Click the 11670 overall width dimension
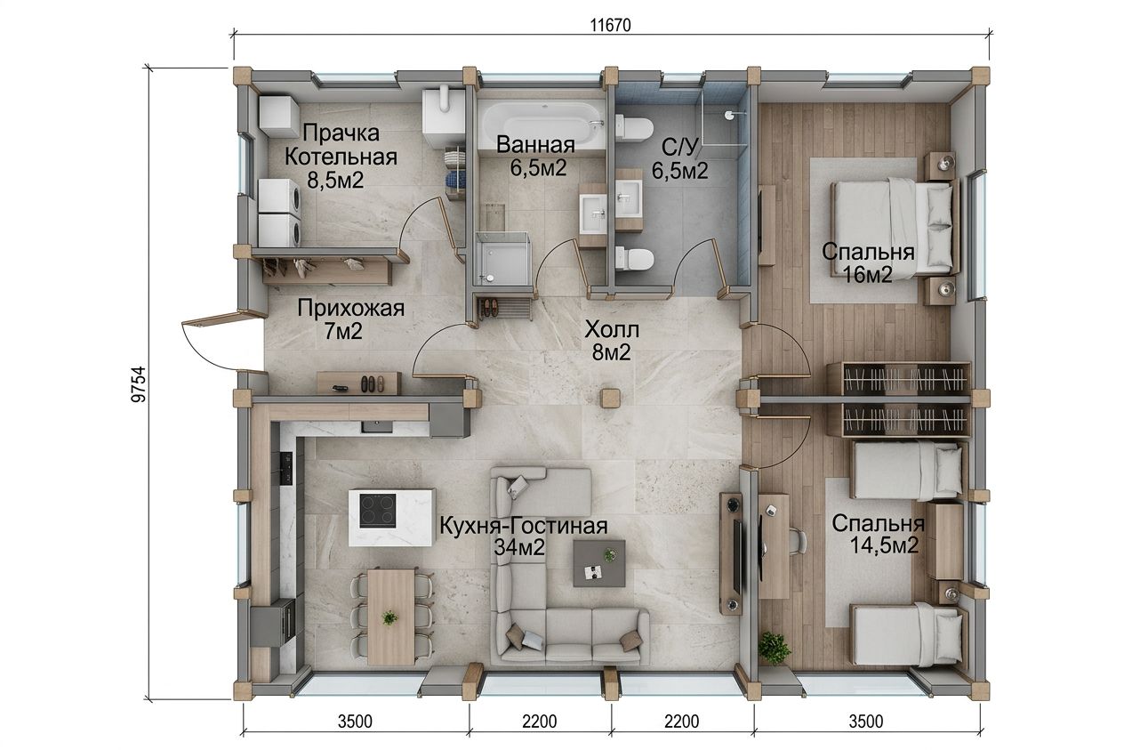point(610,25)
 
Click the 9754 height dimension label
point(138,384)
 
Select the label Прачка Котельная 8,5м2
point(341,157)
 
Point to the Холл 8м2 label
point(612,342)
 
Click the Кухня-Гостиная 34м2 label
point(524,536)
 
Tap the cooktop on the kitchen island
point(378,511)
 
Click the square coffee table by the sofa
point(599,563)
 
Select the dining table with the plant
point(391,617)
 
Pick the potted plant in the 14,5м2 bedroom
point(774,647)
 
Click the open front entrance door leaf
point(224,319)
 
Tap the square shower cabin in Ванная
point(502,259)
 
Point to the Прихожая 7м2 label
point(350,319)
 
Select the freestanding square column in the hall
point(611,398)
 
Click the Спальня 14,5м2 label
point(879,534)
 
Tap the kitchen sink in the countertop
point(377,427)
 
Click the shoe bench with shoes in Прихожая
point(358,383)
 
